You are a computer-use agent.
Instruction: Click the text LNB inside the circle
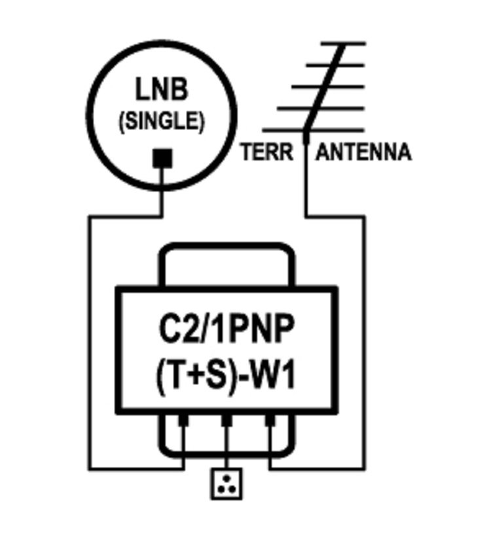point(161,89)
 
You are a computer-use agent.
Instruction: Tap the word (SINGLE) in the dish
point(161,121)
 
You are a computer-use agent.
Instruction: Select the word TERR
point(266,152)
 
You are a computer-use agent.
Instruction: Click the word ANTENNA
point(364,152)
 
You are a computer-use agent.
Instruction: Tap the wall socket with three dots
point(226,484)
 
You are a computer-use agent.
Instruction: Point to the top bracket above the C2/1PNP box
point(225,248)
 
